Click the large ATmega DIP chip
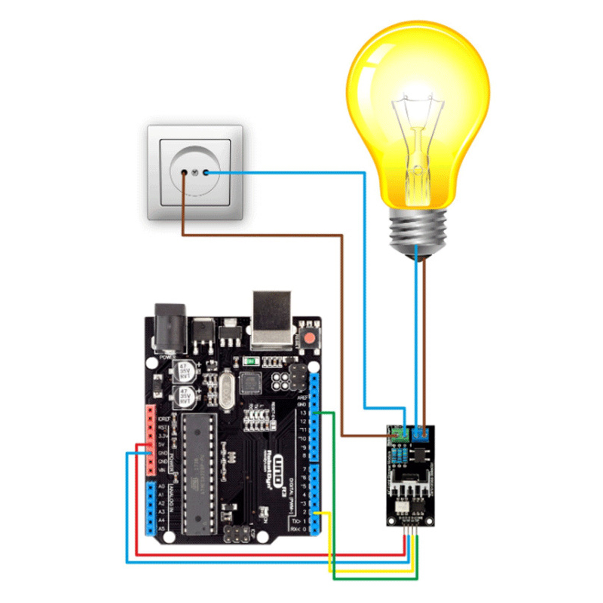point(197,473)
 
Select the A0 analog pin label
point(161,486)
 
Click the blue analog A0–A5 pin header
point(151,507)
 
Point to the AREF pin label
point(303,397)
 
